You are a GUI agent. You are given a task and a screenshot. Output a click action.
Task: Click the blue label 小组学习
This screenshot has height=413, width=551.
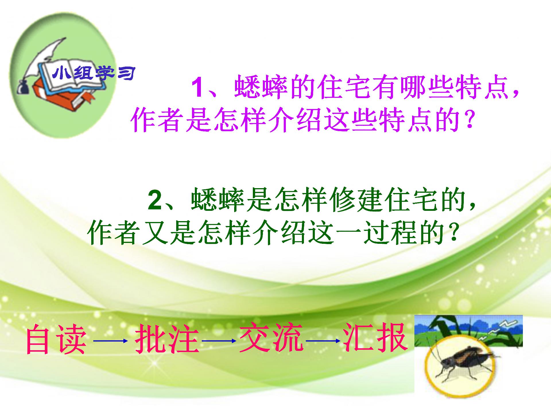(94, 73)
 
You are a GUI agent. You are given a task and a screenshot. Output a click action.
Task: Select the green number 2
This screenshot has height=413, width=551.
(155, 200)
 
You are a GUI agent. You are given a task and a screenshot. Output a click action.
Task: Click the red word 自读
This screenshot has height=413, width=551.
(56, 339)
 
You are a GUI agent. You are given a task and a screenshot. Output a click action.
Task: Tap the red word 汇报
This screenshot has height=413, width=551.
(375, 338)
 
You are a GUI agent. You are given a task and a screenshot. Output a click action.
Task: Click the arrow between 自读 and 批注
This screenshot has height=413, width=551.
(110, 341)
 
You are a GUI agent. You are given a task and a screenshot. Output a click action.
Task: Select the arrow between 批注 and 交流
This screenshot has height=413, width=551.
(219, 341)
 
